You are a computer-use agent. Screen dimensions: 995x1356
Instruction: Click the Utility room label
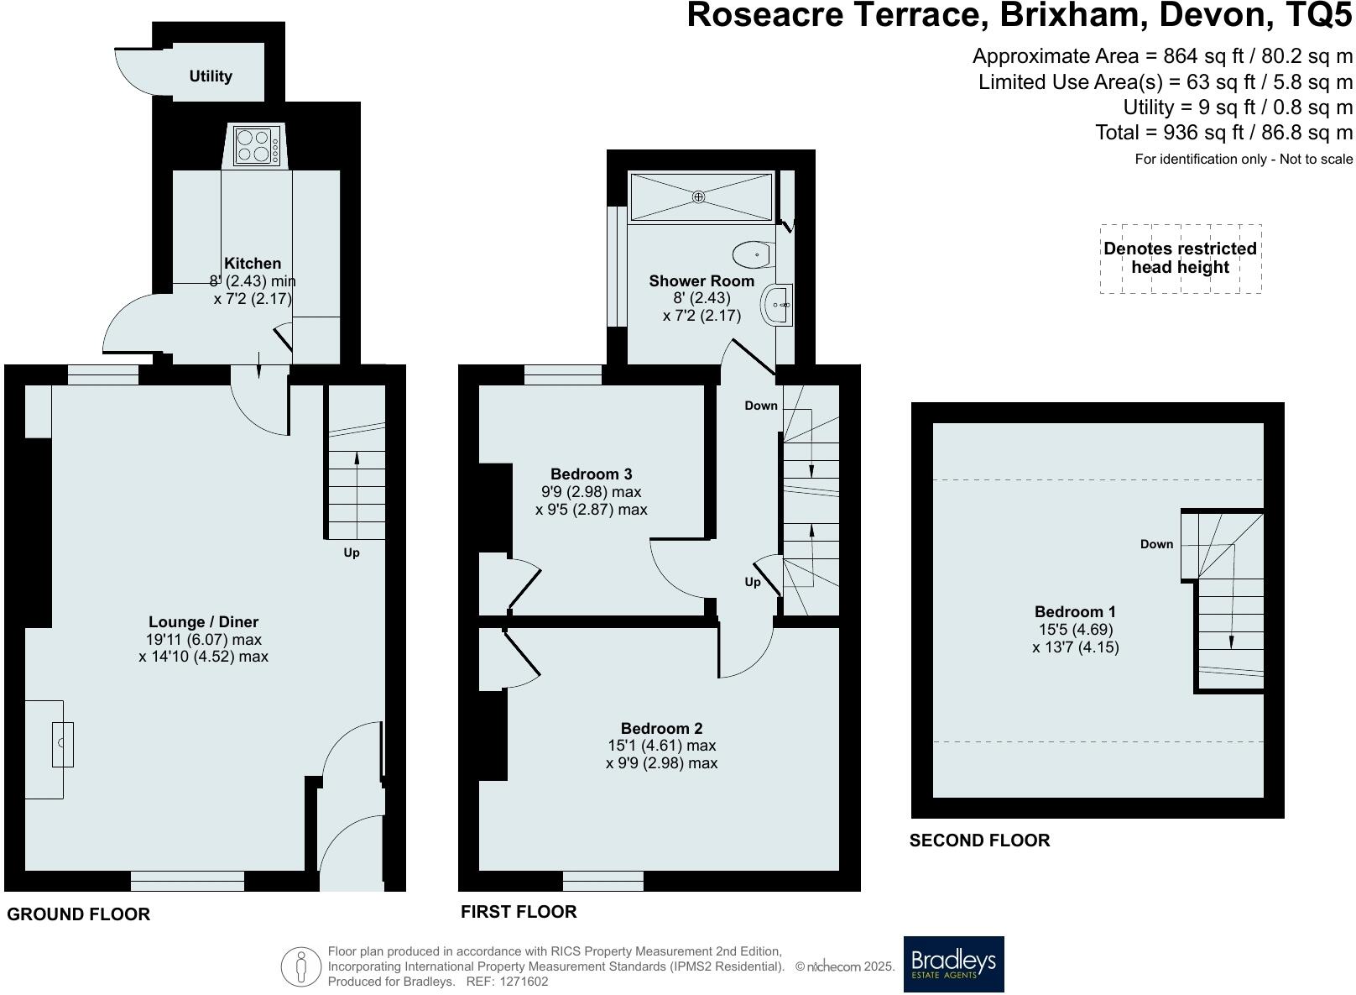tap(210, 76)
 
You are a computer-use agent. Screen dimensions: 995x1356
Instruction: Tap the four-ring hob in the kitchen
tap(256, 145)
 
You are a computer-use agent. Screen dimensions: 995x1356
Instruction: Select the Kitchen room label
tap(253, 264)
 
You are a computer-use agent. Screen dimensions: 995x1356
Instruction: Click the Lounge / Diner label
tap(204, 622)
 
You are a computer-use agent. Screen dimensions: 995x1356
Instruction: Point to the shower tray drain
tap(698, 196)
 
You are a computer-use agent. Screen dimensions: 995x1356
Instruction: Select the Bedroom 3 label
tap(591, 474)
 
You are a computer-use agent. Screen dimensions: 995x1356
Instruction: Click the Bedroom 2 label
tap(661, 729)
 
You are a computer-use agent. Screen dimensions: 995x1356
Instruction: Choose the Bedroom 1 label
tap(1075, 612)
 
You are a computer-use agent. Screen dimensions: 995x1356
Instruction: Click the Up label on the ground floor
tap(352, 552)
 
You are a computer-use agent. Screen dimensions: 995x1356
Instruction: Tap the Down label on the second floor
tap(1156, 544)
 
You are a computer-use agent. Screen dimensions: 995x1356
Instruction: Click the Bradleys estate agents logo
tap(953, 964)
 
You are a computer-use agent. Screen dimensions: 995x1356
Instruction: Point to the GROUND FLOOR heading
tap(79, 914)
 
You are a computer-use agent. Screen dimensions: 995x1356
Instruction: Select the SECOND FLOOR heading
tap(979, 841)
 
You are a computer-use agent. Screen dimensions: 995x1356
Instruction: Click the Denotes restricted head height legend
tap(1180, 258)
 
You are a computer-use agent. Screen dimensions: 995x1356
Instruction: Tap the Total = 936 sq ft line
tap(1223, 133)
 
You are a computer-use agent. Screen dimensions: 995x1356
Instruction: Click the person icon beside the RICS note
tap(300, 966)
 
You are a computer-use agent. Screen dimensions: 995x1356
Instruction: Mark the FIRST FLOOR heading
tap(519, 912)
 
